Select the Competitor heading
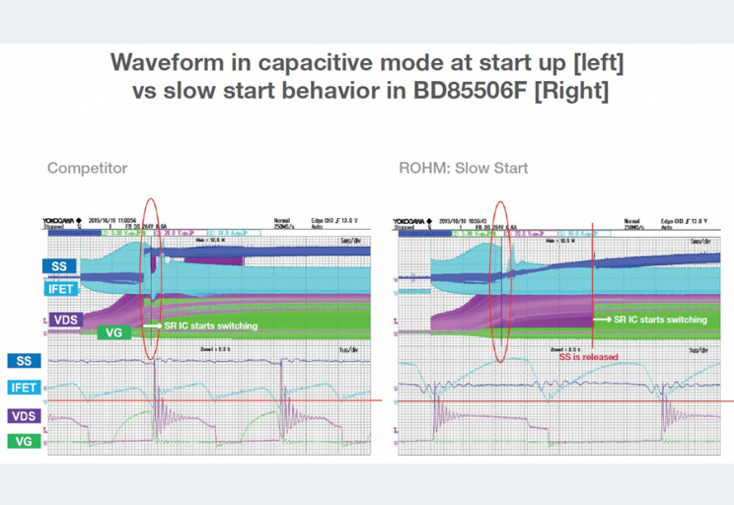(87, 168)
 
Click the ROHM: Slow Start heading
(463, 168)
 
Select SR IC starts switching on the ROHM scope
(660, 320)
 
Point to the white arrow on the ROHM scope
(602, 320)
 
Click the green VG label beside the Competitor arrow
(114, 332)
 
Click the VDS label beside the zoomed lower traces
(24, 416)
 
